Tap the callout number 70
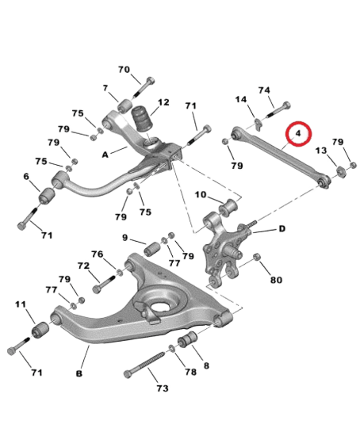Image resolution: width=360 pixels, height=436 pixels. [124, 70]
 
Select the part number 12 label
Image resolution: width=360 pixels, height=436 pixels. [164, 102]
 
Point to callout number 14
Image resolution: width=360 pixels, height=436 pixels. [241, 99]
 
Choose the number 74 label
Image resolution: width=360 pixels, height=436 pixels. [263, 90]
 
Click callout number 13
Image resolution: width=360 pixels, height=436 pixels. [321, 151]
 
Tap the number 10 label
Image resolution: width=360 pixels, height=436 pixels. [201, 194]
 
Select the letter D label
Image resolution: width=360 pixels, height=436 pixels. [281, 228]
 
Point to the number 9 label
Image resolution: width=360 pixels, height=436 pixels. [125, 237]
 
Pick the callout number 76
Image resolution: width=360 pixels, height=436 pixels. [97, 254]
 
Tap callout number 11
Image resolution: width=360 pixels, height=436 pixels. [21, 304]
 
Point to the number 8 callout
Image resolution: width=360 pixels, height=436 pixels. [206, 365]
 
